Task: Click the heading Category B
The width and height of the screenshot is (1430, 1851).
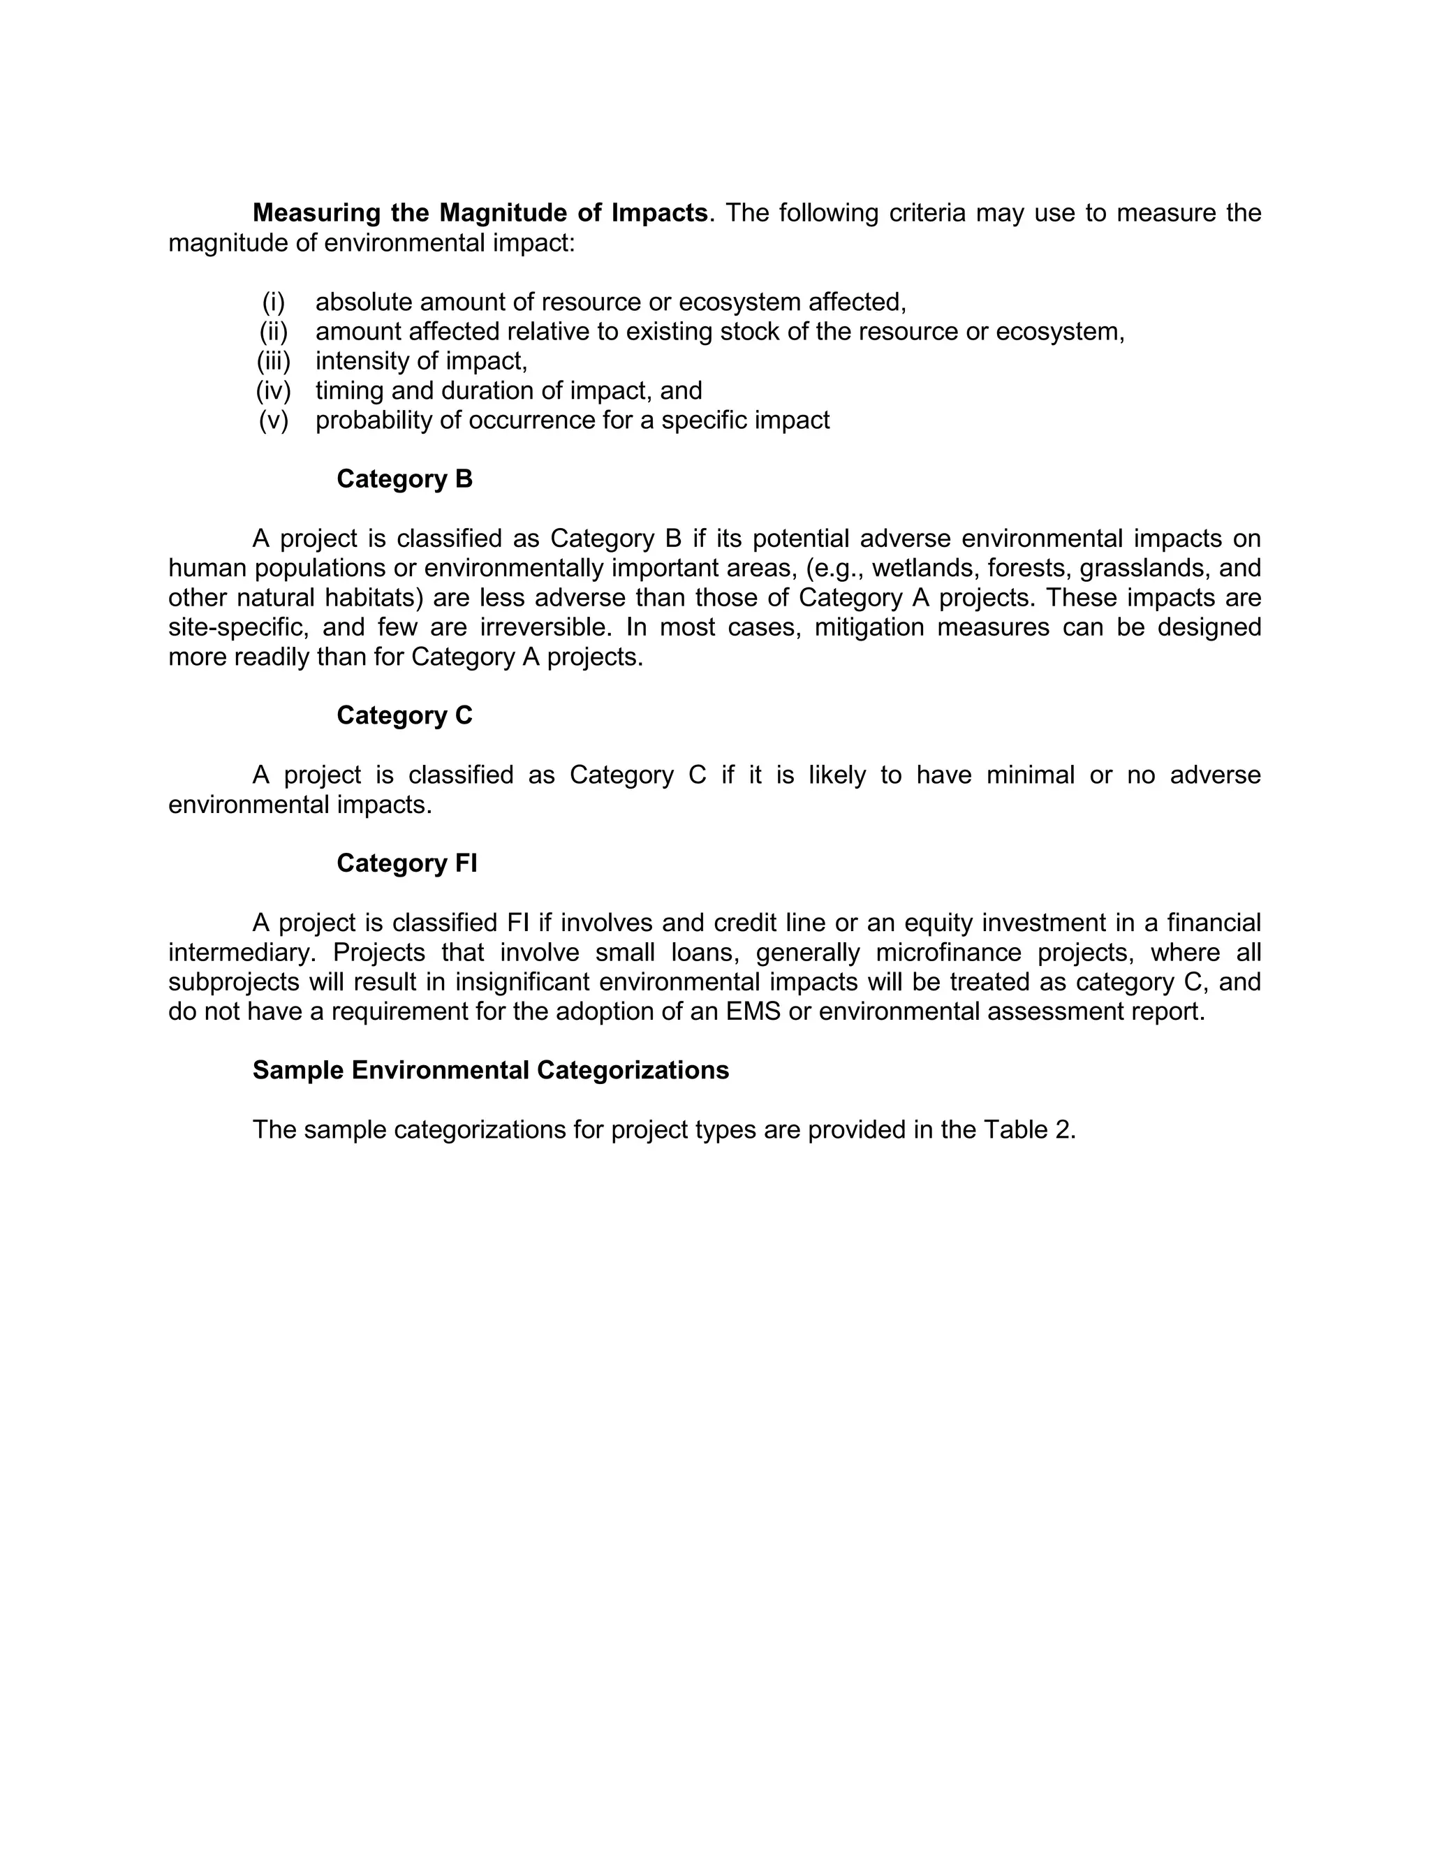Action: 404,479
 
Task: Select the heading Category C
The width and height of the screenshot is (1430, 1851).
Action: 404,715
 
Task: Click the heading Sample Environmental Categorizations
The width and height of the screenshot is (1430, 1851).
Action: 490,1069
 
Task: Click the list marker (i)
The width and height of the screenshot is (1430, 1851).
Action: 274,302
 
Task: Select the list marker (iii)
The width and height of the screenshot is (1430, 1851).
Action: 274,361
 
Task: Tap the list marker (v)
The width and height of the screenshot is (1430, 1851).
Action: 274,420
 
